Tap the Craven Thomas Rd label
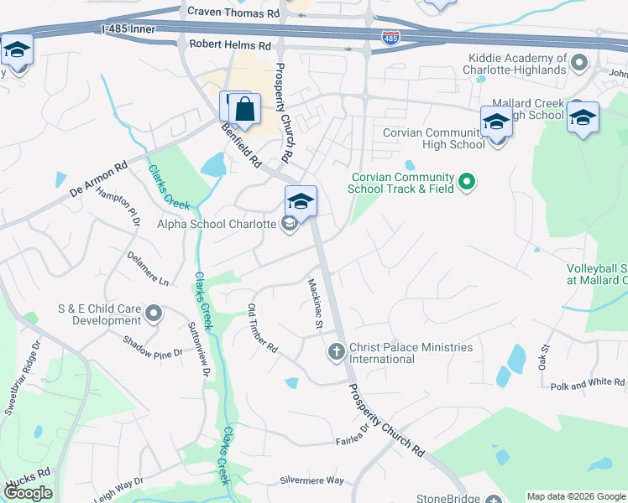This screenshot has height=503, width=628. coord(233,13)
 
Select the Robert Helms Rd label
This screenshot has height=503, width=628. coord(231,44)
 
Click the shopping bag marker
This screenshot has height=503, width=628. coord(244,109)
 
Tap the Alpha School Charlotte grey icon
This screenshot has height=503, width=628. coord(289,224)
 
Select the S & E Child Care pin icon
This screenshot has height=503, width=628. coord(153,314)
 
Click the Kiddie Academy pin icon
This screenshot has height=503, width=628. coord(578,63)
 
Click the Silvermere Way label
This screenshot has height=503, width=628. coord(312,480)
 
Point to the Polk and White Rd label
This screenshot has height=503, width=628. coord(588,383)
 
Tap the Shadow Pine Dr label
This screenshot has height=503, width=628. coord(152,347)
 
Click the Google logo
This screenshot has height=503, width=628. coord(28,493)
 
